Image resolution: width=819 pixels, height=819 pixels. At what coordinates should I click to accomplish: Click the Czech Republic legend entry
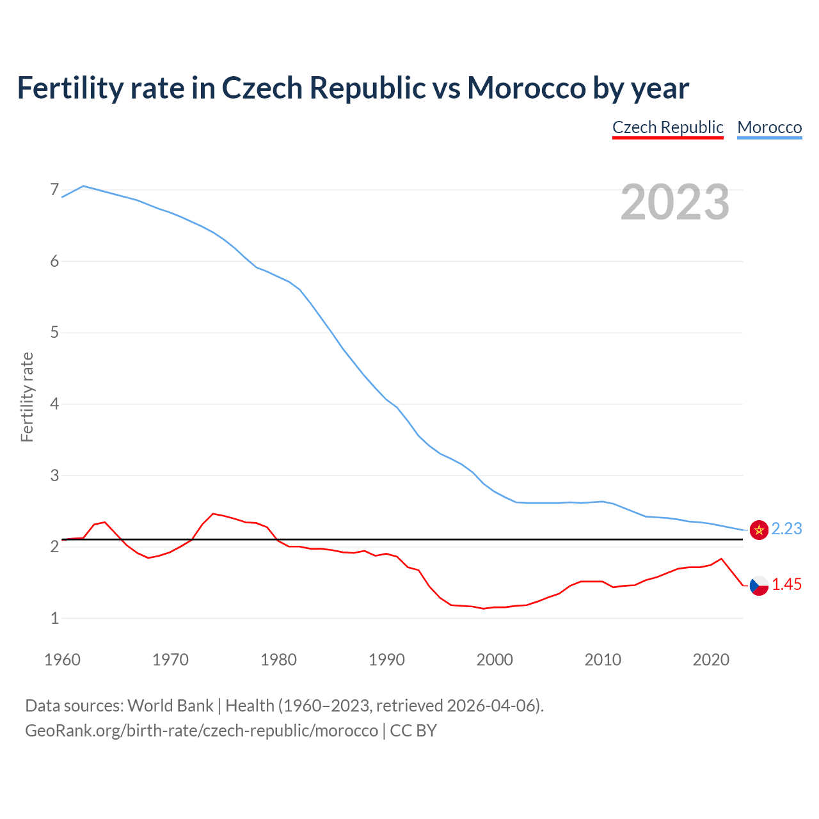point(667,127)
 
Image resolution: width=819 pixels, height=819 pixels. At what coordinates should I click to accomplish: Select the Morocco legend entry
point(769,127)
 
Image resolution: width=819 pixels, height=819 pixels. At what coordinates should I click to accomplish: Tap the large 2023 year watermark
point(674,202)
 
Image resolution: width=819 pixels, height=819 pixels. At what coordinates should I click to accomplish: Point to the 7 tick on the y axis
point(54,190)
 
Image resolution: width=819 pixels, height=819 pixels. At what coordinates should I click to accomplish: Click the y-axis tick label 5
point(54,333)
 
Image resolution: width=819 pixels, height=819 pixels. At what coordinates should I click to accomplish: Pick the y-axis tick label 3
point(54,475)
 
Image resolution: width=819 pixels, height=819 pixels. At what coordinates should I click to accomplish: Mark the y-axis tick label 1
point(54,618)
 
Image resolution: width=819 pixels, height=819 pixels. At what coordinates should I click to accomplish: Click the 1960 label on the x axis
point(62,660)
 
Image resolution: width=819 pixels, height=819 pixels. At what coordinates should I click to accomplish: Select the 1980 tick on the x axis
point(278,660)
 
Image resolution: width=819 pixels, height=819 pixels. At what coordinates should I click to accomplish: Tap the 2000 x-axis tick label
point(495,660)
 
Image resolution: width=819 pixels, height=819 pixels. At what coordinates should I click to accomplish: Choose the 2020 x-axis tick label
point(711,660)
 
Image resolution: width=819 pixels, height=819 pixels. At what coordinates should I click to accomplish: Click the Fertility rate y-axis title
point(27,397)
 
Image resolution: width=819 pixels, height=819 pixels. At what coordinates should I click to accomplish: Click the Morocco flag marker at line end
point(759,530)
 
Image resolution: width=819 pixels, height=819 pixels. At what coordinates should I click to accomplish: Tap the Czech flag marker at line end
point(759,585)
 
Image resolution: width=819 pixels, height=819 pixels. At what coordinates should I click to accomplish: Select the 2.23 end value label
point(786,529)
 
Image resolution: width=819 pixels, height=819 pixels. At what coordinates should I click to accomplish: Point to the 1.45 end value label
point(786,585)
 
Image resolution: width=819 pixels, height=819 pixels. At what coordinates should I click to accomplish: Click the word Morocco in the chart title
point(525,88)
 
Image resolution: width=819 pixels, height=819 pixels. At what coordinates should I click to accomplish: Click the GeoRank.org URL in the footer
point(202,731)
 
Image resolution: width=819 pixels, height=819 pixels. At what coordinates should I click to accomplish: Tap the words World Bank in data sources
point(170,706)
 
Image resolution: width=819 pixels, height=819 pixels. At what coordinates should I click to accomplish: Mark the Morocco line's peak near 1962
point(84,186)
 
